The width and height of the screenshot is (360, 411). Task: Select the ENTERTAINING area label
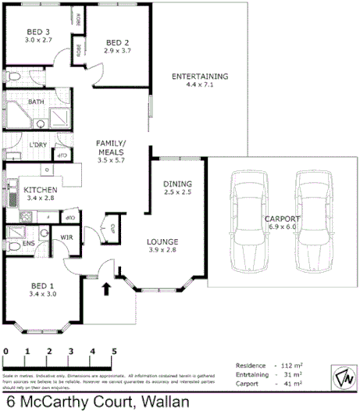point(199,77)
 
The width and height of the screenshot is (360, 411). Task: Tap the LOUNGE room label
point(163,241)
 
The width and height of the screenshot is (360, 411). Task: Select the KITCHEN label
point(38,190)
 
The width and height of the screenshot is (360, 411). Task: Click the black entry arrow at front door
point(107,290)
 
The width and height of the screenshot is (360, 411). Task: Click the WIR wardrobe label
point(66,236)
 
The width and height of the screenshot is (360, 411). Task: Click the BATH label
point(36,102)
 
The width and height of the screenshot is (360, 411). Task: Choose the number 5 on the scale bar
point(114,352)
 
